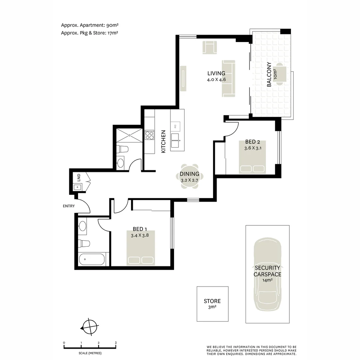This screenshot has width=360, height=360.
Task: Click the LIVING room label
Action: coord(216,73)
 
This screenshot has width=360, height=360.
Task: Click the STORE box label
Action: coord(212,301)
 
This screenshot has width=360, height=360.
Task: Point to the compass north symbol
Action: coord(90,327)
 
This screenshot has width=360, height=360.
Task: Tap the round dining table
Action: coord(189,176)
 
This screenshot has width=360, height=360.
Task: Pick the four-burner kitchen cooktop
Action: coord(149,135)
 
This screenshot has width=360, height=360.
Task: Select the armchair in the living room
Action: coord(210,47)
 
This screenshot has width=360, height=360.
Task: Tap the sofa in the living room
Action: coord(229,79)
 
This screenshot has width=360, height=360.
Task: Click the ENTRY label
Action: coord(69,206)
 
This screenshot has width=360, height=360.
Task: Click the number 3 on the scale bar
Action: coord(116,343)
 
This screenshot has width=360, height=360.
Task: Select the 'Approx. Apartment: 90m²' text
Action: coord(90,25)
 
